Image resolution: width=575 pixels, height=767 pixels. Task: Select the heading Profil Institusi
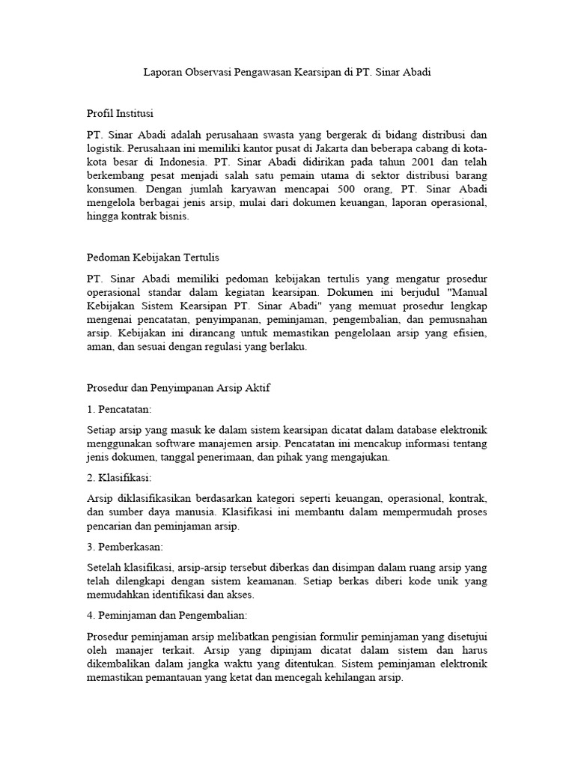click(x=120, y=113)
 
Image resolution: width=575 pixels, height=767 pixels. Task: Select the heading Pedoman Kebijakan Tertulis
click(x=153, y=257)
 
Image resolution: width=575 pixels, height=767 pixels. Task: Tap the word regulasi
click(x=219, y=347)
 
